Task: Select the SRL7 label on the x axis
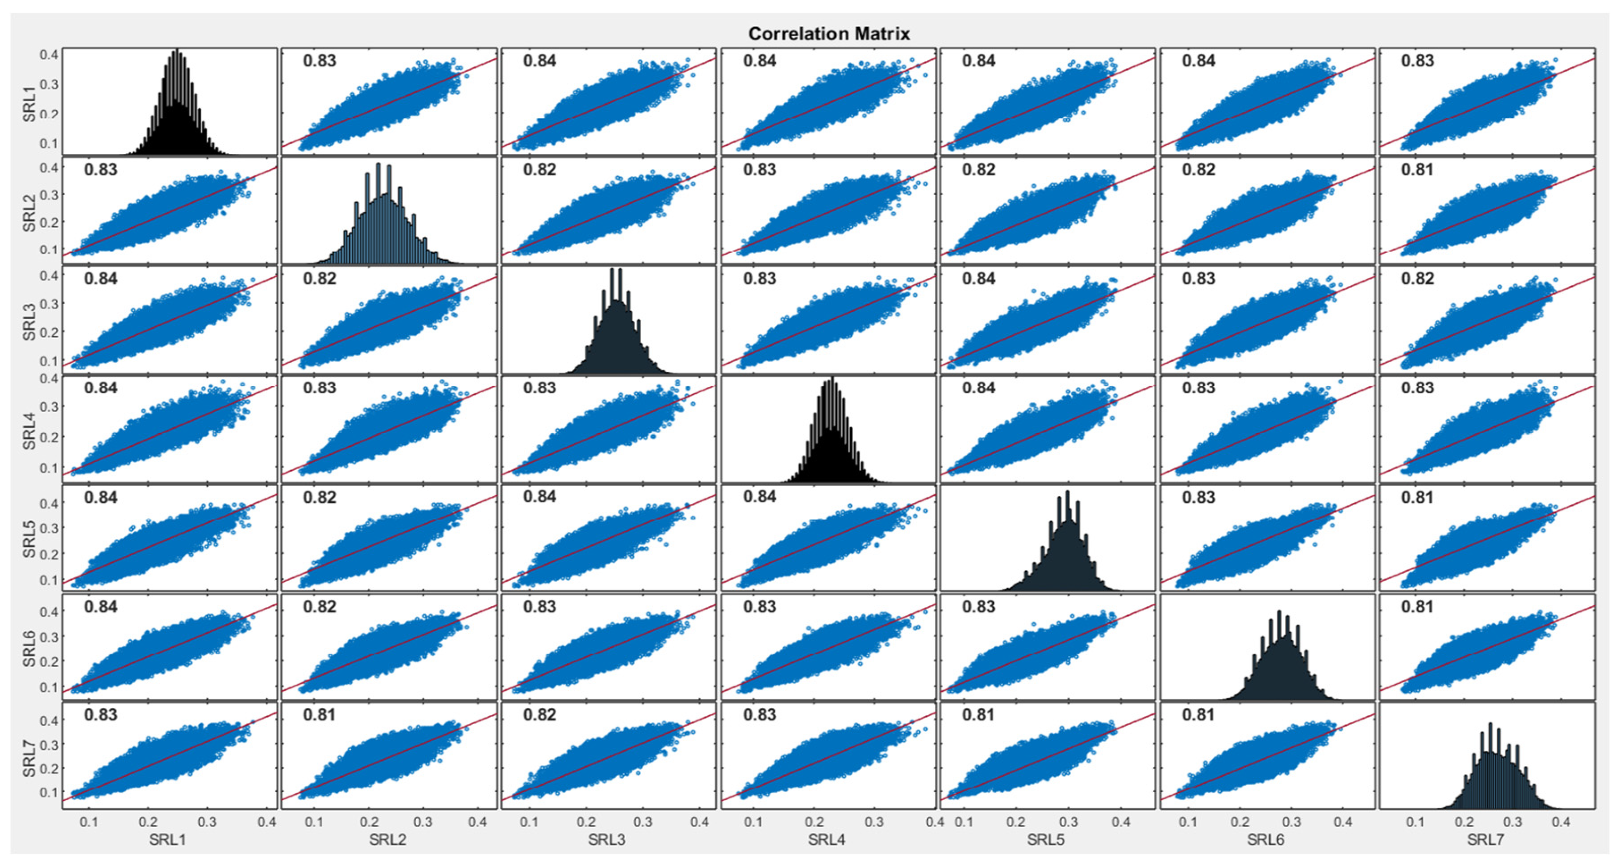click(x=1486, y=839)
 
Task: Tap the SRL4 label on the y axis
click(x=29, y=430)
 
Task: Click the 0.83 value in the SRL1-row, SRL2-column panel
click(x=319, y=61)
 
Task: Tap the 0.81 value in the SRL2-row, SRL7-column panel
click(x=1417, y=170)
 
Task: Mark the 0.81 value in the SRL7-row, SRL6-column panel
click(x=1198, y=715)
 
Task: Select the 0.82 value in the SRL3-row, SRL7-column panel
click(x=1417, y=279)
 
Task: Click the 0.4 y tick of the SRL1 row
click(x=49, y=55)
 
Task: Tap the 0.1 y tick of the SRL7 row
click(x=49, y=792)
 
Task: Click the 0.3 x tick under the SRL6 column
click(x=1291, y=822)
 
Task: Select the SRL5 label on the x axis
click(x=1046, y=839)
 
